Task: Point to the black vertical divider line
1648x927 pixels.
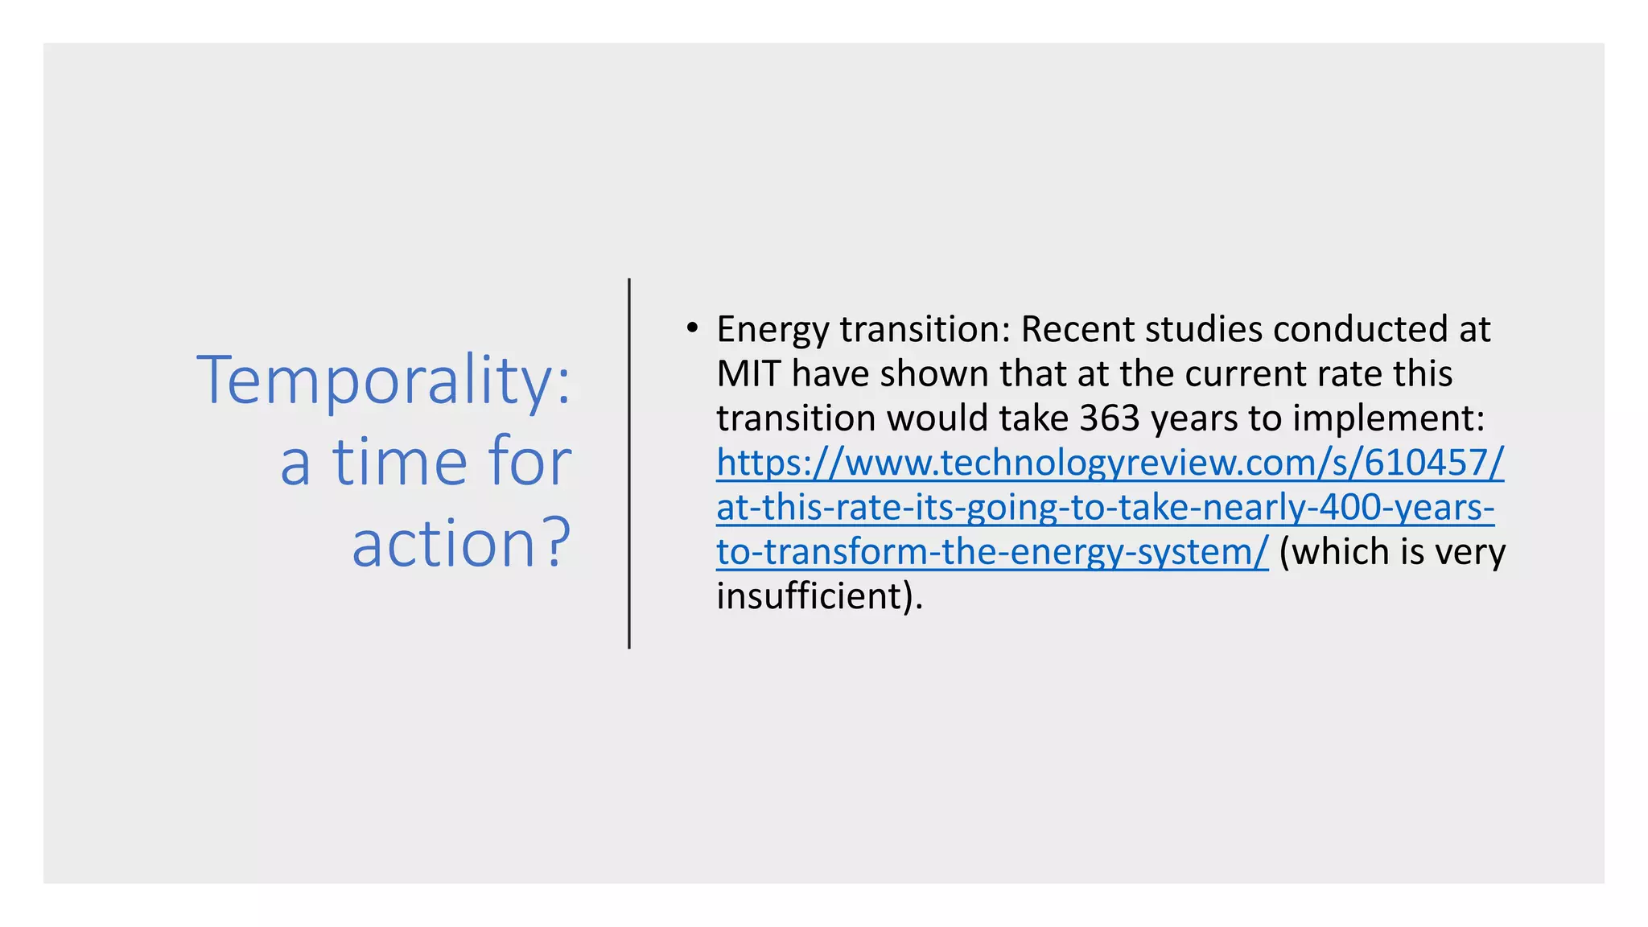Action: (x=629, y=463)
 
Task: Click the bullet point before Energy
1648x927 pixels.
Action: (x=691, y=328)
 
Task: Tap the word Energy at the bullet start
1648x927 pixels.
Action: (x=772, y=330)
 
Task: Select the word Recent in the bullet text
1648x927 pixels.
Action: (x=1077, y=329)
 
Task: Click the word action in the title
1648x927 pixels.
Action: (x=444, y=543)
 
